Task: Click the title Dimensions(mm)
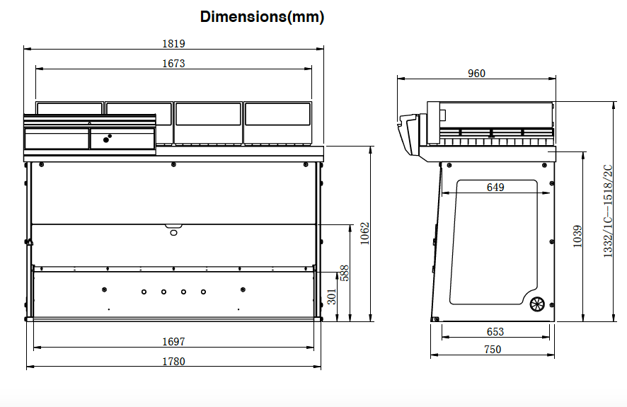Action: click(x=262, y=17)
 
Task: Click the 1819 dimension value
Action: click(x=174, y=43)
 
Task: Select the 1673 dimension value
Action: click(x=173, y=64)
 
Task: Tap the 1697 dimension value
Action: click(x=173, y=342)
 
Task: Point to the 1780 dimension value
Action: click(x=173, y=362)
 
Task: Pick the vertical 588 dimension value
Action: click(x=345, y=273)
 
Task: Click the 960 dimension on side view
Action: click(x=477, y=74)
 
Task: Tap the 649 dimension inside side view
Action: click(x=496, y=188)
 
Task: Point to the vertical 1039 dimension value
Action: click(x=577, y=235)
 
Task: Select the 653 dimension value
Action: click(x=495, y=332)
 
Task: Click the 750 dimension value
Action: click(x=493, y=350)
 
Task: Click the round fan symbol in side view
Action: click(x=537, y=304)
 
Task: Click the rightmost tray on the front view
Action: click(x=277, y=122)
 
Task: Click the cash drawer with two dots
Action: click(x=122, y=139)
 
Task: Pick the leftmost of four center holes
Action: click(x=144, y=292)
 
